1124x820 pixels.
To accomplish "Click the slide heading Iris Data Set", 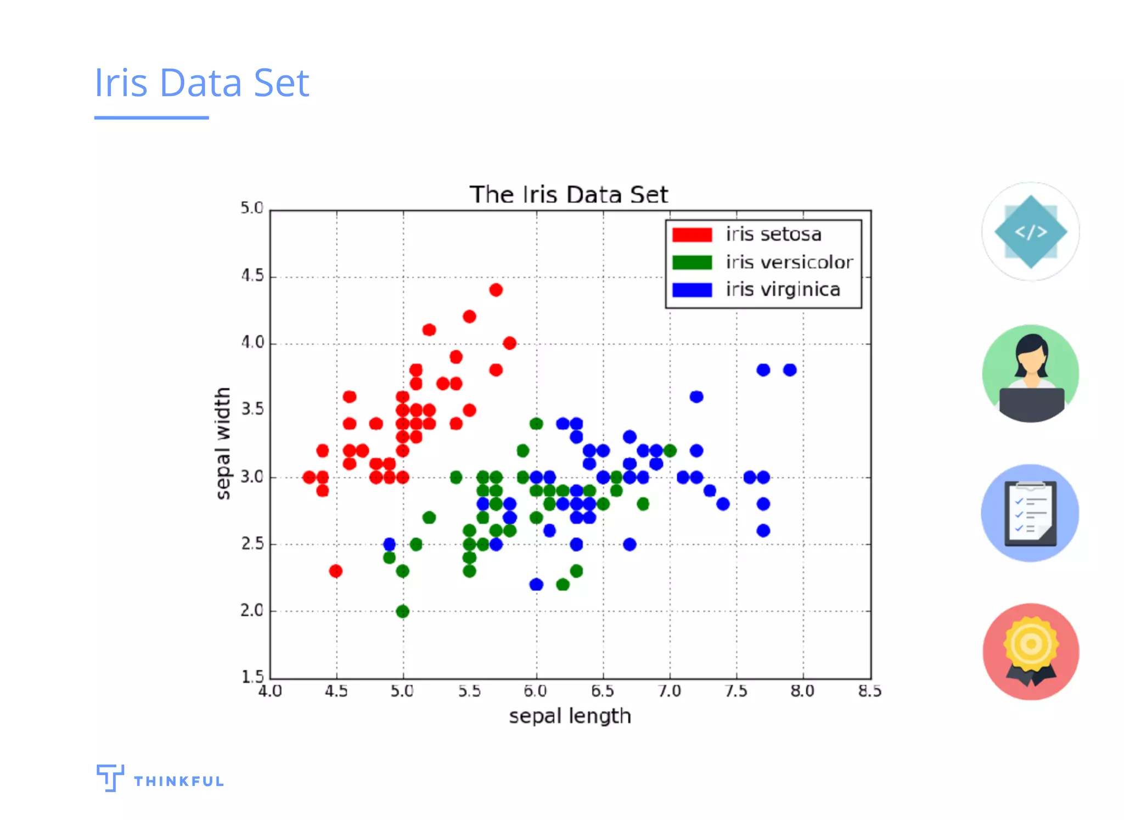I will (201, 82).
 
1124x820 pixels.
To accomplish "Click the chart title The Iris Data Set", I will (569, 195).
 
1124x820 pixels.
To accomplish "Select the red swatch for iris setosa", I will (692, 235).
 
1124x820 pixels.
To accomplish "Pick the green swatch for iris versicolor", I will (692, 262).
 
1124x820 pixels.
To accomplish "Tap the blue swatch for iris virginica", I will (692, 290).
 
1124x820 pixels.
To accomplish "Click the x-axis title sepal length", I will (570, 716).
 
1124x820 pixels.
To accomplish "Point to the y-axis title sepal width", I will (222, 443).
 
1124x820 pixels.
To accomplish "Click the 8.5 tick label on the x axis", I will (869, 691).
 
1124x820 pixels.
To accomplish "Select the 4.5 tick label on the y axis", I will (252, 276).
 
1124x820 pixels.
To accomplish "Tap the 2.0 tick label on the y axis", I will (252, 610).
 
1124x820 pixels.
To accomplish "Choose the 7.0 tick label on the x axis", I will (670, 691).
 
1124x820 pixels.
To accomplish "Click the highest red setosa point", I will (496, 290).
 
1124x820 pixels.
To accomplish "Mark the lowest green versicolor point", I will (402, 611).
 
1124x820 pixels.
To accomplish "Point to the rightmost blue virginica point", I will (790, 370).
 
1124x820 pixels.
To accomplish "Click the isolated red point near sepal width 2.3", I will (336, 571).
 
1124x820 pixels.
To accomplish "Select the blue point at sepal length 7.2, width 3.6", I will (696, 396).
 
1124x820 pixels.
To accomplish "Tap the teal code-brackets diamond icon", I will (1030, 232).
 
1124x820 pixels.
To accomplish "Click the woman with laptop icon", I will (1030, 374).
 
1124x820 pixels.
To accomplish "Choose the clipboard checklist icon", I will (1030, 513).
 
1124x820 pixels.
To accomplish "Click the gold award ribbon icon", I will (1031, 651).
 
